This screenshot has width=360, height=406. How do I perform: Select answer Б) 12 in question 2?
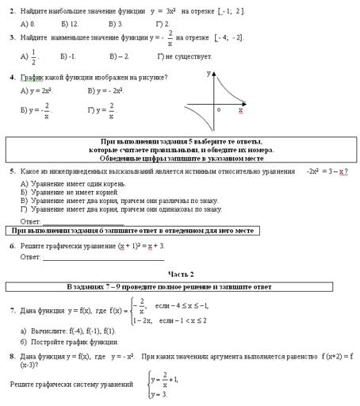coord(68,24)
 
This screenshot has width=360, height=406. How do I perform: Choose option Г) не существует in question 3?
coord(184,57)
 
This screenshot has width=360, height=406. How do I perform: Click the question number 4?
coord(12,78)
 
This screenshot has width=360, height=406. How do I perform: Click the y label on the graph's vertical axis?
coord(209,73)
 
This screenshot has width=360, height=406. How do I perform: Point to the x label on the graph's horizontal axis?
coord(240,110)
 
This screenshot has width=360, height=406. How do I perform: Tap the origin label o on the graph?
coord(218,109)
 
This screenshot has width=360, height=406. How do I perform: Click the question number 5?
coord(12,170)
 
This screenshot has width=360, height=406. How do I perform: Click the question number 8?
coord(12,357)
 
